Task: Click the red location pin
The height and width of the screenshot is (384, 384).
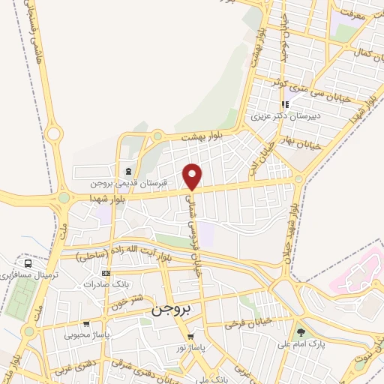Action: pyautogui.click(x=193, y=176)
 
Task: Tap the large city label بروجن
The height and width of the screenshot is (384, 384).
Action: pyautogui.click(x=172, y=308)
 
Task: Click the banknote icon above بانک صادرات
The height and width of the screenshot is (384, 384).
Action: pyautogui.click(x=106, y=274)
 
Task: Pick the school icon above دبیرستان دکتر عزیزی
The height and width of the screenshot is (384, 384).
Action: pyautogui.click(x=284, y=105)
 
